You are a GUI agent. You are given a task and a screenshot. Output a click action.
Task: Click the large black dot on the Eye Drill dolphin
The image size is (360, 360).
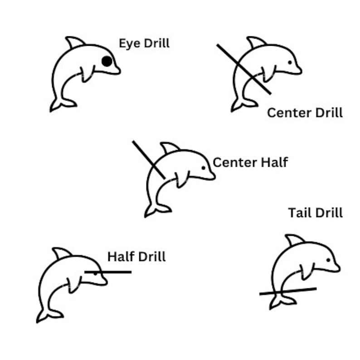pos(107,61)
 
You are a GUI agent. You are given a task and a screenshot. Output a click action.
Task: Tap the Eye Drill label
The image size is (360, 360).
pos(144,44)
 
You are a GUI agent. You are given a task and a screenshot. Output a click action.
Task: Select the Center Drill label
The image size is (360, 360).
pos(305,112)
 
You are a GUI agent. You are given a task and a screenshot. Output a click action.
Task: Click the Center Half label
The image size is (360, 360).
pos(250,162)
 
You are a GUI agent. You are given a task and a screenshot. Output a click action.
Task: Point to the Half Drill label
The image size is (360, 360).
pos(136,257)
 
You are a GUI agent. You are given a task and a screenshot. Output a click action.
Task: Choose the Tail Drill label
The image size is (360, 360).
pos(315,212)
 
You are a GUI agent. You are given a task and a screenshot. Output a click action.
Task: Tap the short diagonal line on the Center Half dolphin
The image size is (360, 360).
pos(148,160)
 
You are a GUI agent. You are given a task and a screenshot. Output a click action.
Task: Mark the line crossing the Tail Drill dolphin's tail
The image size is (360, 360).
pos(288,291)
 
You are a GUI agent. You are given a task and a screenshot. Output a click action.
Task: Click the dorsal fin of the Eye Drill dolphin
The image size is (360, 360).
pos(75,42)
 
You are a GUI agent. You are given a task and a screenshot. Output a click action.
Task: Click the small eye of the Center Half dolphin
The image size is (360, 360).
pos(203,168)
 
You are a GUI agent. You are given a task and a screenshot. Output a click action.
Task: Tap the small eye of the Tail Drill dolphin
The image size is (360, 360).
pos(328,260)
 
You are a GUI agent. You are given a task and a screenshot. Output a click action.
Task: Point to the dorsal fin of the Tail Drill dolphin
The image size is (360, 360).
pos(295,240)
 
